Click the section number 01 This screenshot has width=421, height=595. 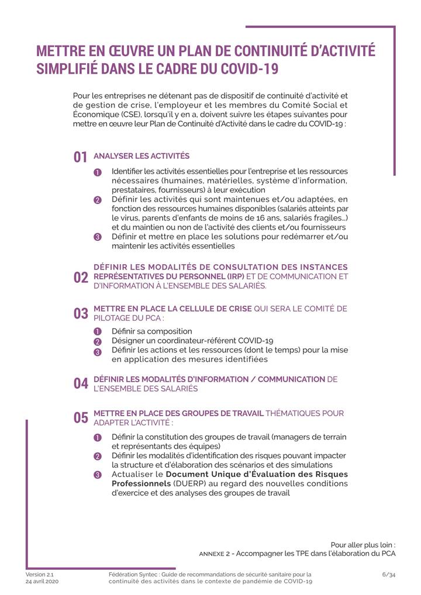point(80,157)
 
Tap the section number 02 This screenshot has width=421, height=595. point(80,278)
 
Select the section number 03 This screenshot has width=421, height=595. point(80,313)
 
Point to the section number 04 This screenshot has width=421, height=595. point(80,383)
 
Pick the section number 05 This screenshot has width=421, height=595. point(80,418)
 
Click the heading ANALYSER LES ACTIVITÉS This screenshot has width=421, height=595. point(142,156)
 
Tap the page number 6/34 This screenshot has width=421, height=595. point(389,575)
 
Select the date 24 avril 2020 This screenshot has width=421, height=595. point(42,582)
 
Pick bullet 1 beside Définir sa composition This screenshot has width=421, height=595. point(98,332)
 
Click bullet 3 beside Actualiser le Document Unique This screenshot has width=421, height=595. point(98,475)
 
